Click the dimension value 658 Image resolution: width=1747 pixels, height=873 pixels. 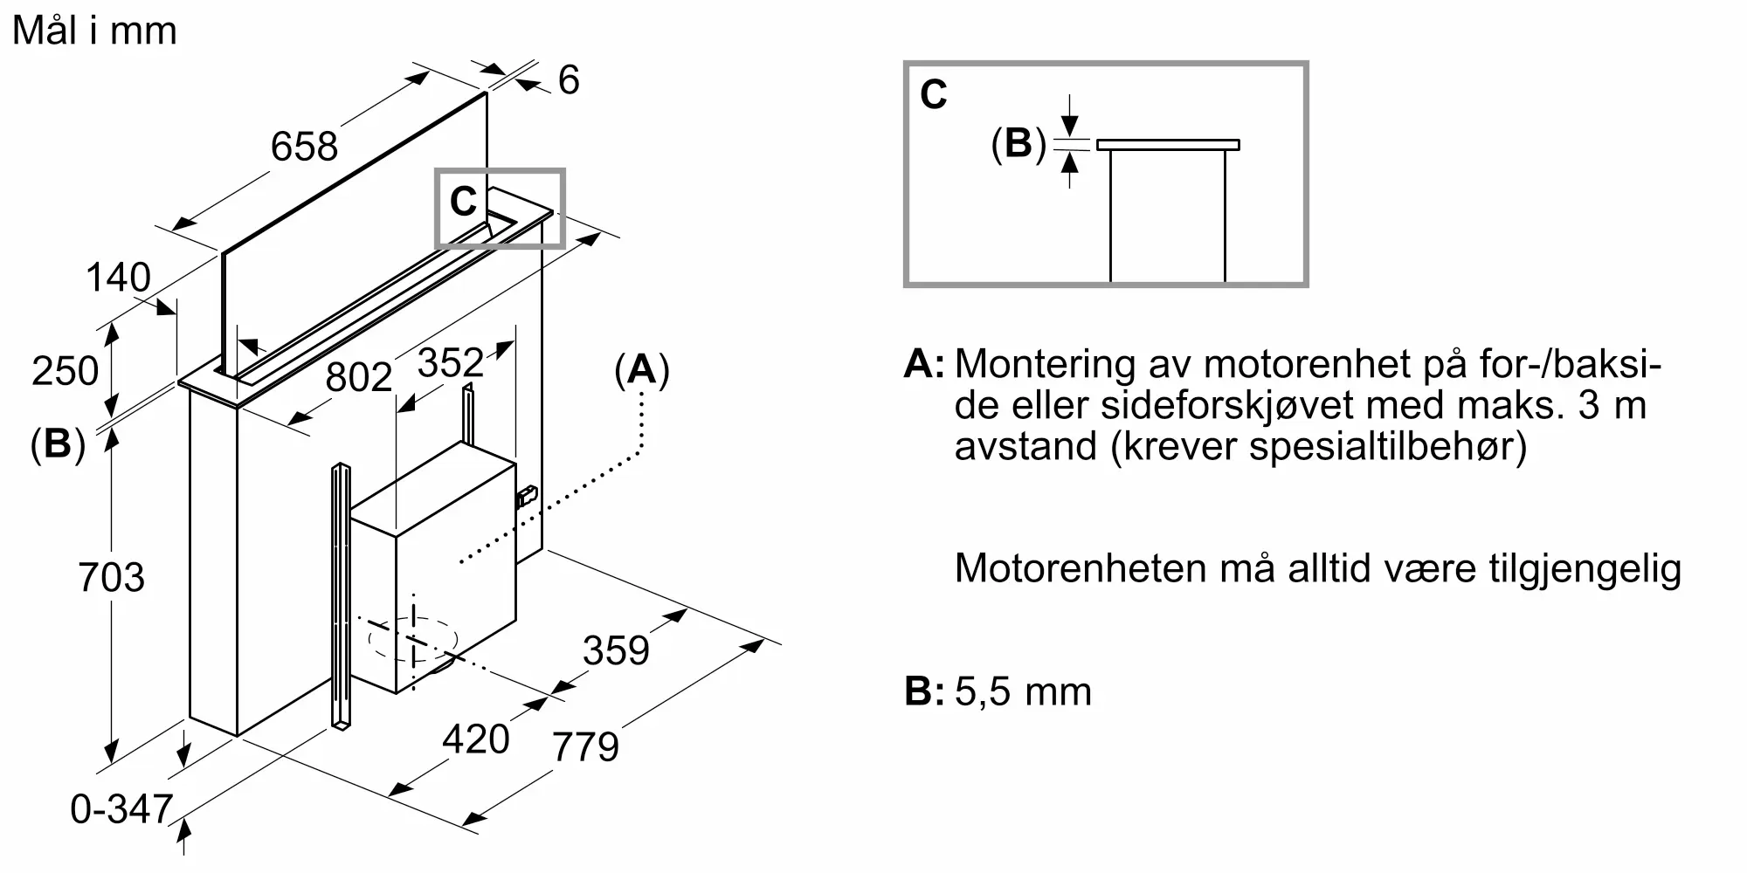point(304,146)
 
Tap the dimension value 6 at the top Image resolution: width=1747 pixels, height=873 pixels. point(569,80)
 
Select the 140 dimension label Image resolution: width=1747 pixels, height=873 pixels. point(118,278)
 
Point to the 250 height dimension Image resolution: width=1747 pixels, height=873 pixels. point(65,371)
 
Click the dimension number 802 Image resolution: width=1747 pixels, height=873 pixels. point(358,377)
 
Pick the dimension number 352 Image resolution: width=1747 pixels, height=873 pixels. point(450,362)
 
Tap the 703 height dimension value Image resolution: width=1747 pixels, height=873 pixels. point(111,578)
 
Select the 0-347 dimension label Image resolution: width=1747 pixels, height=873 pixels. point(121,809)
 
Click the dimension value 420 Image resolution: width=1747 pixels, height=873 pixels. point(475,739)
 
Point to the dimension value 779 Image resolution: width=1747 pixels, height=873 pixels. point(585,746)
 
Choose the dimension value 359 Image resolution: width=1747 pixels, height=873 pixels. point(616,651)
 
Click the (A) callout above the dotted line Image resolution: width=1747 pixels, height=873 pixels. point(641,370)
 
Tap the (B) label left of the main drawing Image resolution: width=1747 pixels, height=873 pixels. point(58,444)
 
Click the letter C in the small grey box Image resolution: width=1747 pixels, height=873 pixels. point(463,203)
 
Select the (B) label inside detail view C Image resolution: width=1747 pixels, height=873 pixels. point(1018,143)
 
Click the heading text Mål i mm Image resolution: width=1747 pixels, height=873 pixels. point(94,31)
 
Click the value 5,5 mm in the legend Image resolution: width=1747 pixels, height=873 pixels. point(1023,692)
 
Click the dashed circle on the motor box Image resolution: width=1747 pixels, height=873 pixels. point(412,640)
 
